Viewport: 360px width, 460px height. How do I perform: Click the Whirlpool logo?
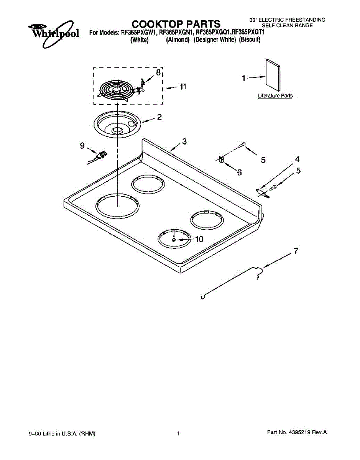tap(54, 33)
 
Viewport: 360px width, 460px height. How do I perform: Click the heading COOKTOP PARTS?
tap(176, 24)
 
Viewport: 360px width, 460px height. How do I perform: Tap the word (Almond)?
tap(178, 39)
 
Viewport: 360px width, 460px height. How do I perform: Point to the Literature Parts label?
tap(275, 96)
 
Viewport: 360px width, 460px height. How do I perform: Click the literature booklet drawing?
tap(273, 76)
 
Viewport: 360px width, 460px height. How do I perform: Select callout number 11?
tap(182, 87)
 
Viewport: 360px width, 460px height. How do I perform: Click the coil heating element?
tap(117, 91)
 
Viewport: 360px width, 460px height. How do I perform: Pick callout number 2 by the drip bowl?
tap(159, 117)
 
